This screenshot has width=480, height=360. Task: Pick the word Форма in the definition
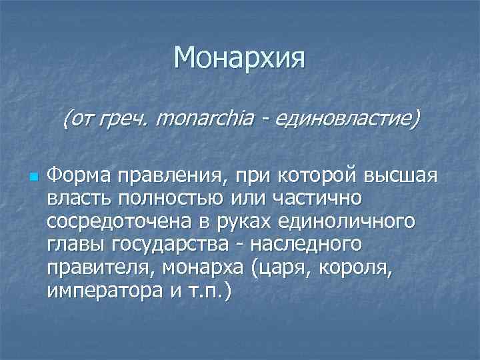(x=79, y=175)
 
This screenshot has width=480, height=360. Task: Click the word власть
(x=78, y=199)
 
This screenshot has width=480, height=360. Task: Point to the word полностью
(x=166, y=199)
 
